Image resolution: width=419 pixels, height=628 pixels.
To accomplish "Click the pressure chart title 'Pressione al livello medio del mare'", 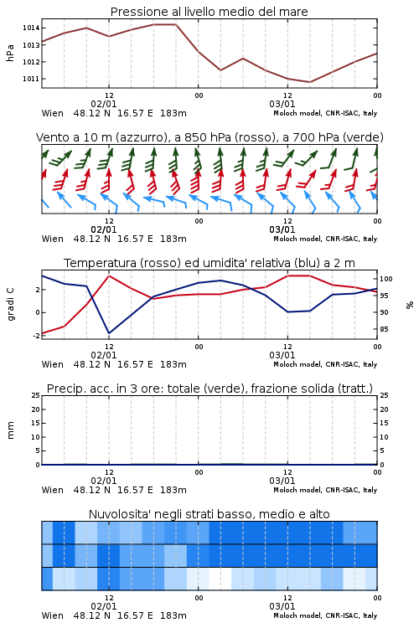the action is coord(209,12).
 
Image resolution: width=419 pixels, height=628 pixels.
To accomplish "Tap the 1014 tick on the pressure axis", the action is coord(31,28).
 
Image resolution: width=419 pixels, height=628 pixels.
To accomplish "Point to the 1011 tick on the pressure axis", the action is coord(31,79).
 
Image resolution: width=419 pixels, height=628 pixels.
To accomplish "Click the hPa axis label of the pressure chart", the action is coord(10,53).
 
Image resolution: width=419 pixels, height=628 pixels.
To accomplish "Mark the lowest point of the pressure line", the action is coord(309,82).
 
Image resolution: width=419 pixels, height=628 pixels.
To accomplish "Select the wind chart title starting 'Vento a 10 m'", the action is coord(209,137).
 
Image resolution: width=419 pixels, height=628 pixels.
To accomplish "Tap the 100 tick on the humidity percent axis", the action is coord(386,279).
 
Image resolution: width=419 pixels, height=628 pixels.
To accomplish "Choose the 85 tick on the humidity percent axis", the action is coord(384,329).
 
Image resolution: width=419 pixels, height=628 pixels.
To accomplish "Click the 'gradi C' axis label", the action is coord(10,305).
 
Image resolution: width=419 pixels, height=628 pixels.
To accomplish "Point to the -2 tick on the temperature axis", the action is coord(36,336).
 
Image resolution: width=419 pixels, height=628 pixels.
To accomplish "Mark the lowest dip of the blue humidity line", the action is coord(109,333).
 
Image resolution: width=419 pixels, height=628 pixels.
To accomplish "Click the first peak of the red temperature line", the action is coord(109,275).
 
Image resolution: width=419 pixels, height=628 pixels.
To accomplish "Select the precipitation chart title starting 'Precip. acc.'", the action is coord(209,389).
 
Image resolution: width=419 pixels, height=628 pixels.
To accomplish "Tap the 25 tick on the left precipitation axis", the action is coord(36,395).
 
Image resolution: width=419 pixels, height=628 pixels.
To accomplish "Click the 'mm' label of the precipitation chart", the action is coord(10,430).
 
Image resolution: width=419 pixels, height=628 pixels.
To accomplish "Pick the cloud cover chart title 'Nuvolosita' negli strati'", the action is coord(209,514).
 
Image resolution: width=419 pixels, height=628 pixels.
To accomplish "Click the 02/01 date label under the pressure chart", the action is coord(104,104).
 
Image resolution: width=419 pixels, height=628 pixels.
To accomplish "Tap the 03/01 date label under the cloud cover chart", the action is coord(282,606).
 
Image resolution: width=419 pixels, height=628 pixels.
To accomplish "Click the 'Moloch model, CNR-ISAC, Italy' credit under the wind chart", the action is coord(325,239).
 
